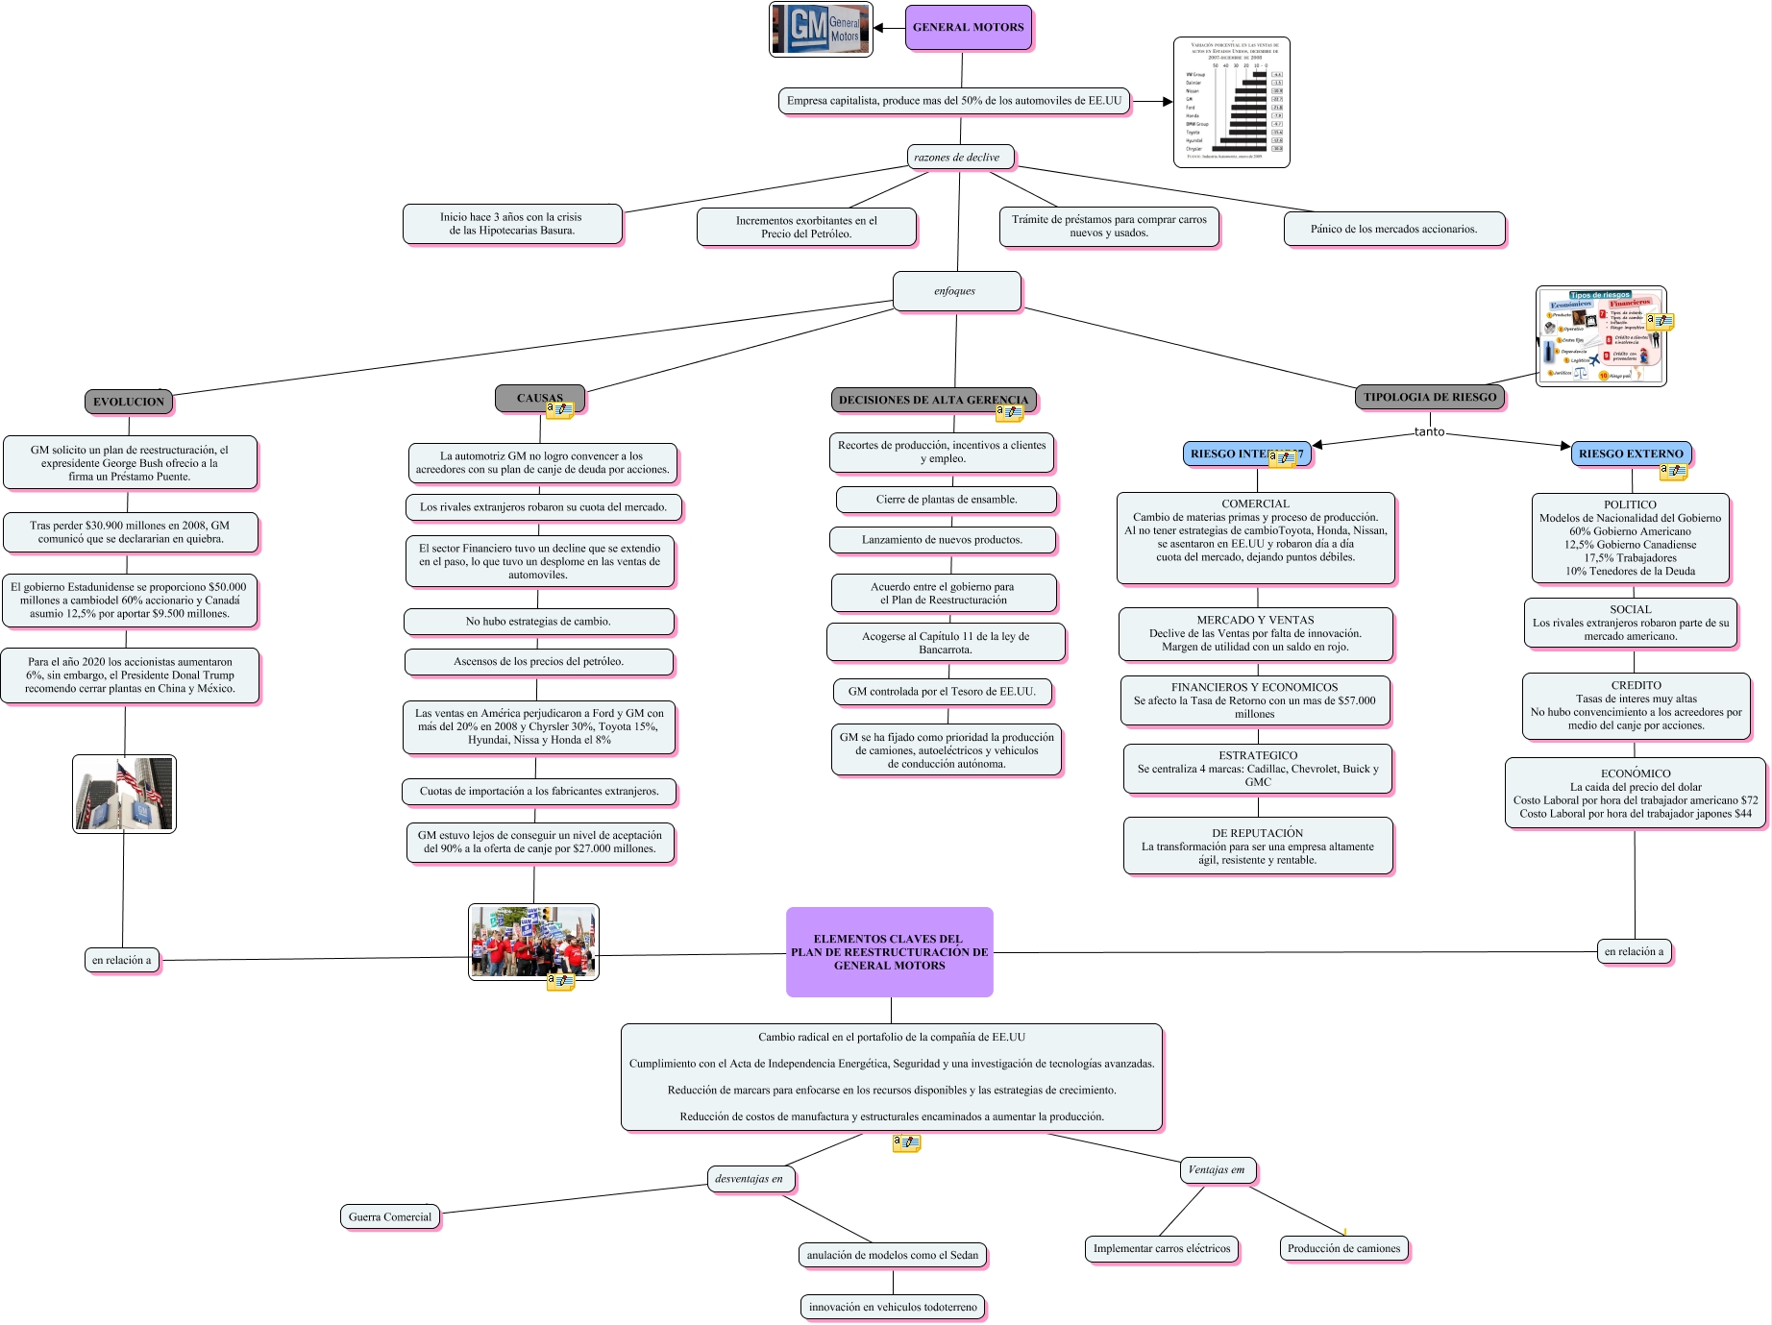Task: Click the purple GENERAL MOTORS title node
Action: coord(968,27)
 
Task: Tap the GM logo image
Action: coord(821,30)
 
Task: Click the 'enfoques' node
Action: coord(955,291)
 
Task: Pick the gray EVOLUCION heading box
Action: coord(129,402)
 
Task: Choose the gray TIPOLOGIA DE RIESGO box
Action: coord(1430,397)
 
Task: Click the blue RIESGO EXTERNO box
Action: coord(1631,454)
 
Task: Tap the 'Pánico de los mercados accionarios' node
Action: coord(1393,229)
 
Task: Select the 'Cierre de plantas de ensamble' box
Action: coord(947,499)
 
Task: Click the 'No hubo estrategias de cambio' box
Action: coord(538,622)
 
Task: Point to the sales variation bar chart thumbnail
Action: coord(1231,102)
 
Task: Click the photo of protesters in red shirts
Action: coord(533,942)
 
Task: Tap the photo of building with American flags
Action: coord(124,794)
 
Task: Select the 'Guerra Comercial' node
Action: coord(390,1216)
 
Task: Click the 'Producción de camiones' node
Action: coord(1343,1248)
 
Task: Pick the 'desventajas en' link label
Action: coord(749,1179)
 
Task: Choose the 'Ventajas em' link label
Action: coord(1216,1169)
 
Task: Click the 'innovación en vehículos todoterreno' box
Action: coord(893,1307)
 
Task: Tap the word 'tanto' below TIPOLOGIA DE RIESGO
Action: coord(1429,431)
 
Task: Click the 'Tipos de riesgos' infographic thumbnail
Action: coord(1600,336)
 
